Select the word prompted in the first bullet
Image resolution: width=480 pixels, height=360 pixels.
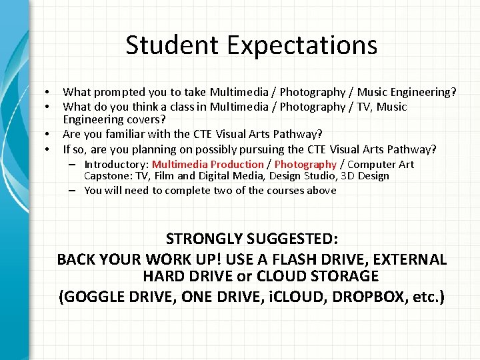117,92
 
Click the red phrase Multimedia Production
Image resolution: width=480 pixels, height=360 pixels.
207,164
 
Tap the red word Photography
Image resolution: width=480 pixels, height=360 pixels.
305,164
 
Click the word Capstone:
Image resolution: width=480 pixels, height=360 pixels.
106,176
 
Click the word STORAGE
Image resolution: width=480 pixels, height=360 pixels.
347,276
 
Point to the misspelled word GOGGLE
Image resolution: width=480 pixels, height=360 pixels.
94,297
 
